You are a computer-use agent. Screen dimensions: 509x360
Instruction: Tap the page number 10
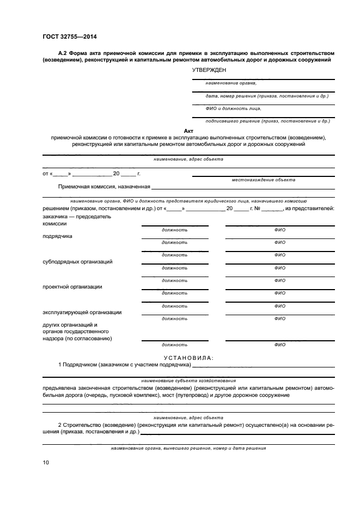(46, 463)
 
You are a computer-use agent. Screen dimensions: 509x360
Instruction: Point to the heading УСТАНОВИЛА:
(188, 358)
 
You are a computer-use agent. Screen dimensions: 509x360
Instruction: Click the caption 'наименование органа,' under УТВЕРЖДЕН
(230, 83)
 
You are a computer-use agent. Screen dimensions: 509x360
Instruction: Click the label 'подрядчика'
(57, 236)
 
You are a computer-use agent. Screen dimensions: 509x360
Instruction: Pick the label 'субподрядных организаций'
(77, 262)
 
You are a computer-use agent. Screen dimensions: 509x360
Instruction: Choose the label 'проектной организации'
(72, 287)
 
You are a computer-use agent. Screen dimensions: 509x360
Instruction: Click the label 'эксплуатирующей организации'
(82, 312)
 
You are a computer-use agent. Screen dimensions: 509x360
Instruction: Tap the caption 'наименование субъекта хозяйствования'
(188, 381)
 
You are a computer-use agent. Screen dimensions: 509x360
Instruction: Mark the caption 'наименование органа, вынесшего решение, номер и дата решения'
(188, 449)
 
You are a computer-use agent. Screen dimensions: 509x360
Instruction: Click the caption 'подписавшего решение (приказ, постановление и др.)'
(267, 121)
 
